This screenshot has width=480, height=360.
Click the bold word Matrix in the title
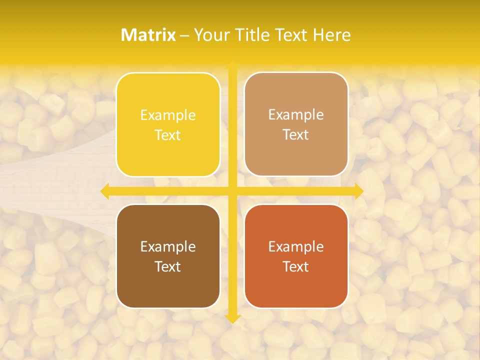pos(148,35)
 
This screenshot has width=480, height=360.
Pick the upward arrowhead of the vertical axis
pos(232,65)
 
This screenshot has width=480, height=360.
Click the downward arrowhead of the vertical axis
pos(232,318)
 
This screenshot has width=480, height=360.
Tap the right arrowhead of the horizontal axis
pos(359,191)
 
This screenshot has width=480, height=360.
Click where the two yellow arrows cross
pos(232,191)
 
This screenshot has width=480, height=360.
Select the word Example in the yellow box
pos(168,115)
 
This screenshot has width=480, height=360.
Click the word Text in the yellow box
pos(168,135)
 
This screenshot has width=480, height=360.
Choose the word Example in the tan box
pos(296,115)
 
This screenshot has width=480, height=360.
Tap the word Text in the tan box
pos(296,134)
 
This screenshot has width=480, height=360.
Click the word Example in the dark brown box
pos(168,247)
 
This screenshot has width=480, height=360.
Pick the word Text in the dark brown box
pos(168,266)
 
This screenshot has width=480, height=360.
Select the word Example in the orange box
pos(296,247)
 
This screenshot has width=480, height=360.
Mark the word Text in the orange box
pos(296,266)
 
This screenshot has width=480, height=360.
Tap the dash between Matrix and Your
pos(184,35)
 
